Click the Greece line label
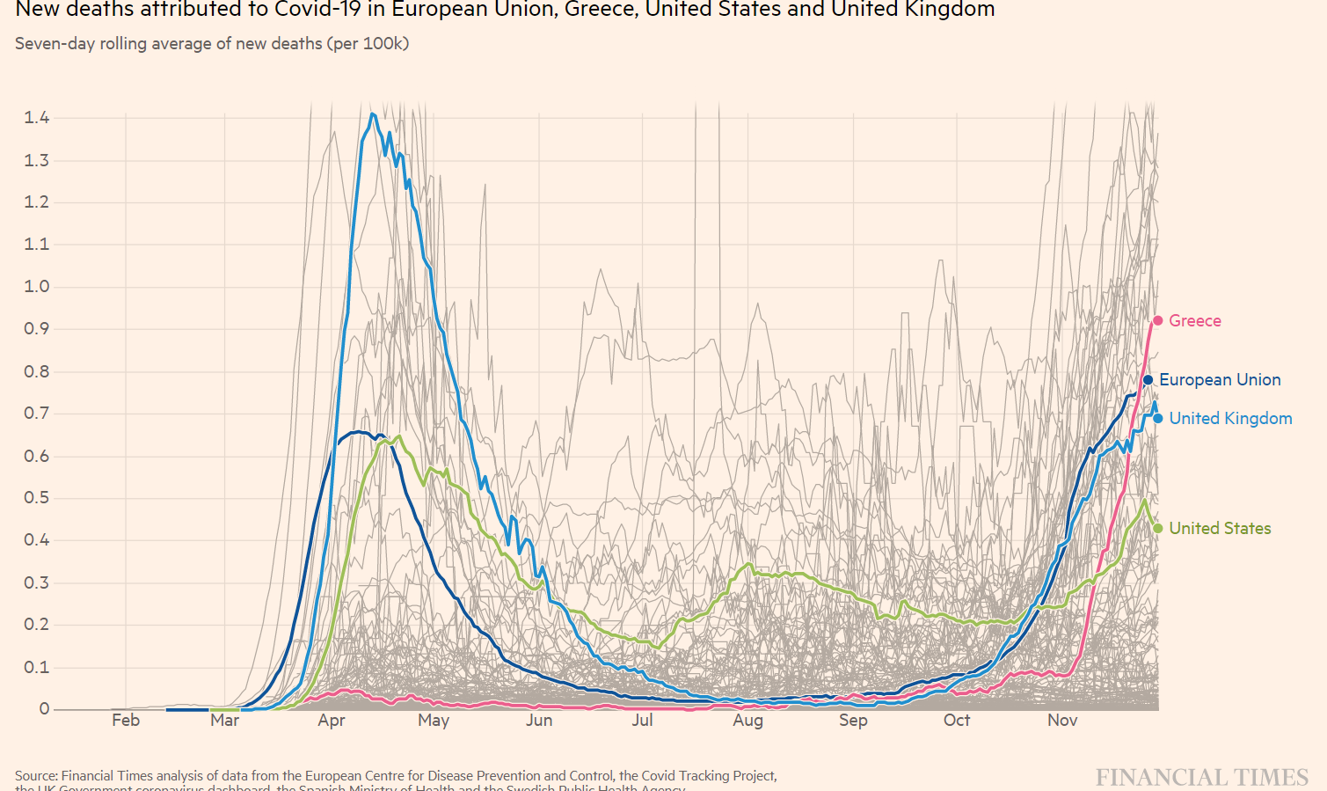[1194, 321]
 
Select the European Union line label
[1220, 380]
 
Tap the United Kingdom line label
[1230, 419]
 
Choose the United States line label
[1220, 529]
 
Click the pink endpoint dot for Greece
[1158, 321]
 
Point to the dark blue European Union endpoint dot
[1148, 380]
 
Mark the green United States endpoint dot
[1158, 529]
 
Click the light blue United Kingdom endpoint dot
[1158, 419]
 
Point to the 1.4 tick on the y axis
[37, 118]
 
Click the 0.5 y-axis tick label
[37, 498]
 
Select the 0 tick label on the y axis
[44, 709]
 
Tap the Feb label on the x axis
[126, 721]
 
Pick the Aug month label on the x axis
[748, 721]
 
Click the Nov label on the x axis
[1062, 721]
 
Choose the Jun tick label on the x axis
[539, 721]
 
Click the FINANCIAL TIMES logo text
[1202, 778]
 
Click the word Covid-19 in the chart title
[318, 10]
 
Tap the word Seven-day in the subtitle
[55, 44]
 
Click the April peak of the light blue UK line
[373, 114]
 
